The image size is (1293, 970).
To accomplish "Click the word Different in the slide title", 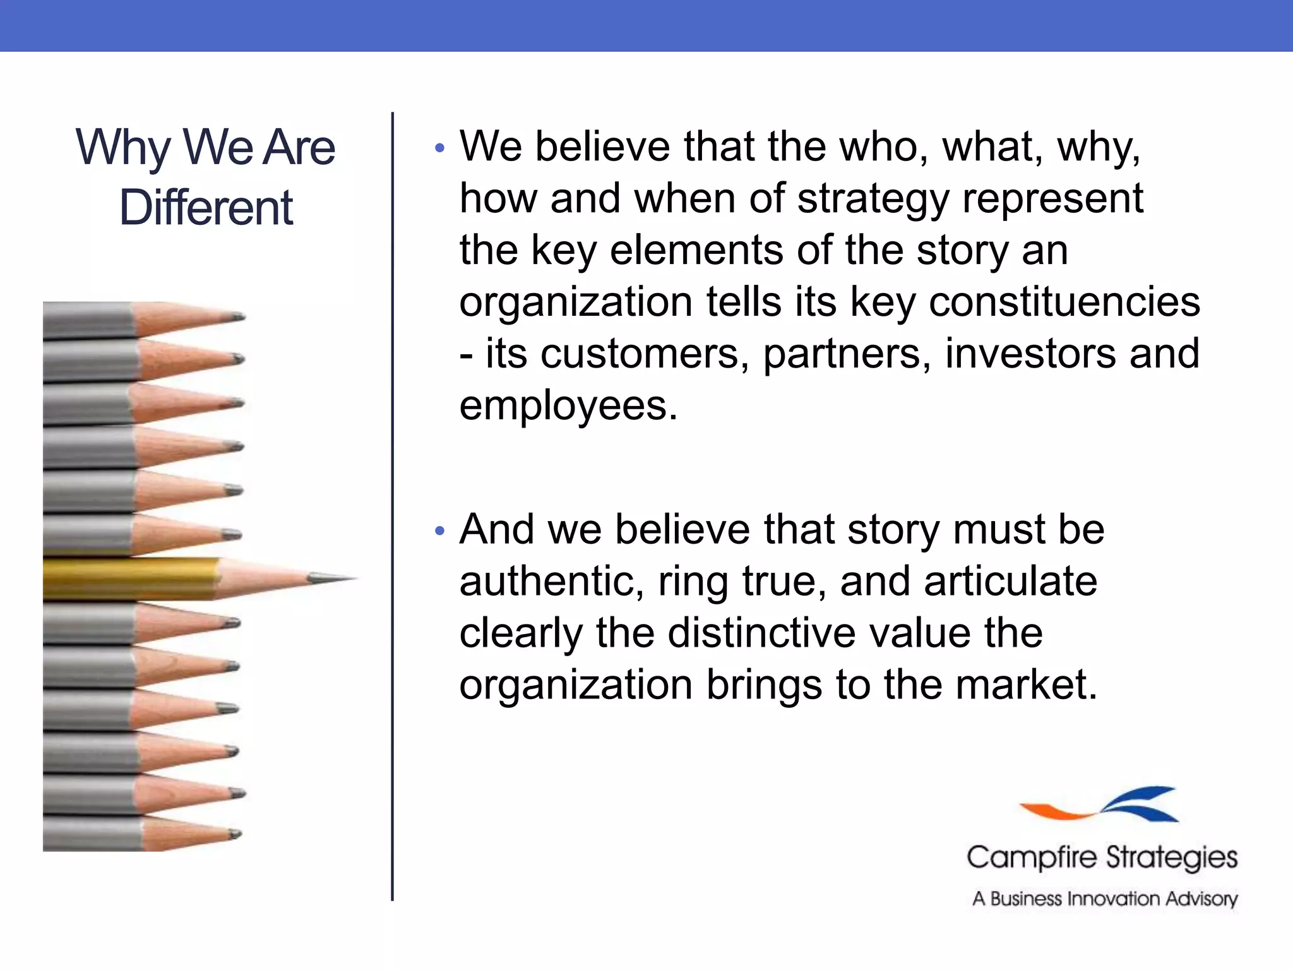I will pos(206,208).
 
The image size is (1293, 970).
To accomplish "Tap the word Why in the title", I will pos(122,148).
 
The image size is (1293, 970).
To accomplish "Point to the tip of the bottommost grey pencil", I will pos(235,835).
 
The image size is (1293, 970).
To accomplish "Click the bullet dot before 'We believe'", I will pos(440,149).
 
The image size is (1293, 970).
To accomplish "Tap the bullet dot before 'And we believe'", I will pos(440,531).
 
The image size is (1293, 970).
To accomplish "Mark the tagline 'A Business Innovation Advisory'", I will pos(1105,899).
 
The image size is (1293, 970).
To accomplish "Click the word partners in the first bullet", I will pos(846,354).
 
